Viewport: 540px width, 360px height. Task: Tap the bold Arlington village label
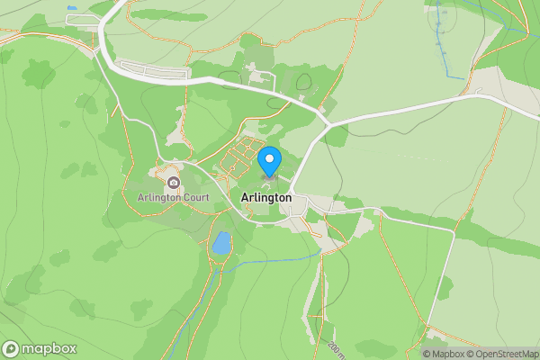pyautogui.click(x=266, y=197)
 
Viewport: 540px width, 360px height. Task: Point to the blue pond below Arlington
pyautogui.click(x=220, y=243)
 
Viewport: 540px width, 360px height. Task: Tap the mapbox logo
pyautogui.click(x=40, y=349)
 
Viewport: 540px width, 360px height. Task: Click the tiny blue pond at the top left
pyautogui.click(x=71, y=7)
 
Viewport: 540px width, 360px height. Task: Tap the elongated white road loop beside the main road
pyautogui.click(x=153, y=69)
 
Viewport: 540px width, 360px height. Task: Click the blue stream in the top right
pyautogui.click(x=444, y=45)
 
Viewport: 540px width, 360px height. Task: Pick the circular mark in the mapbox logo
pyautogui.click(x=12, y=349)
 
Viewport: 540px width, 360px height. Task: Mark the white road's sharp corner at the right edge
pyautogui.click(x=453, y=230)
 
